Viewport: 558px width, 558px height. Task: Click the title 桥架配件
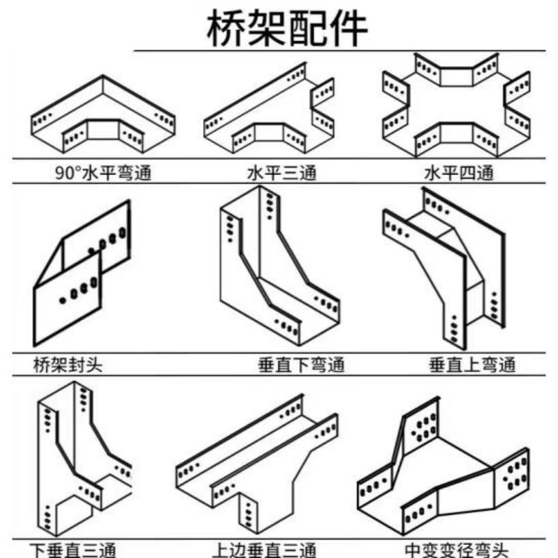pyautogui.click(x=287, y=28)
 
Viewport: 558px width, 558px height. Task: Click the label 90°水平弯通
pyautogui.click(x=102, y=173)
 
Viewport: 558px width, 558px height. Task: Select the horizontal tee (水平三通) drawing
pyautogui.click(x=269, y=112)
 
